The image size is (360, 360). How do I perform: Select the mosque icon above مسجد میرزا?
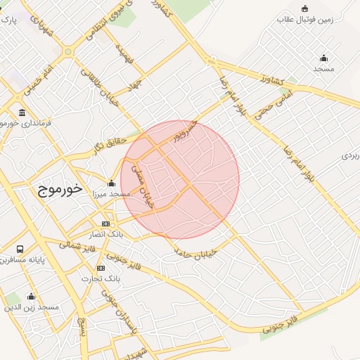pyautogui.click(x=111, y=183)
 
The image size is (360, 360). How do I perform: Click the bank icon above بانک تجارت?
pyautogui.click(x=101, y=268)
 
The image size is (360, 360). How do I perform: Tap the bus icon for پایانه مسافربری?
pyautogui.click(x=20, y=250)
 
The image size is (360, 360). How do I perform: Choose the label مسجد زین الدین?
pyautogui.click(x=32, y=307)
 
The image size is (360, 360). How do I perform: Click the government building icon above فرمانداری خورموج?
pyautogui.click(x=22, y=113)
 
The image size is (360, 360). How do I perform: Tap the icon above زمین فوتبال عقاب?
pyautogui.click(x=304, y=8)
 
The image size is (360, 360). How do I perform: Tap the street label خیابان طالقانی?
pyautogui.click(x=100, y=85)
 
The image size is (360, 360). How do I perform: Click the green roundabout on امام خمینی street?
pyautogui.click(x=68, y=51)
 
